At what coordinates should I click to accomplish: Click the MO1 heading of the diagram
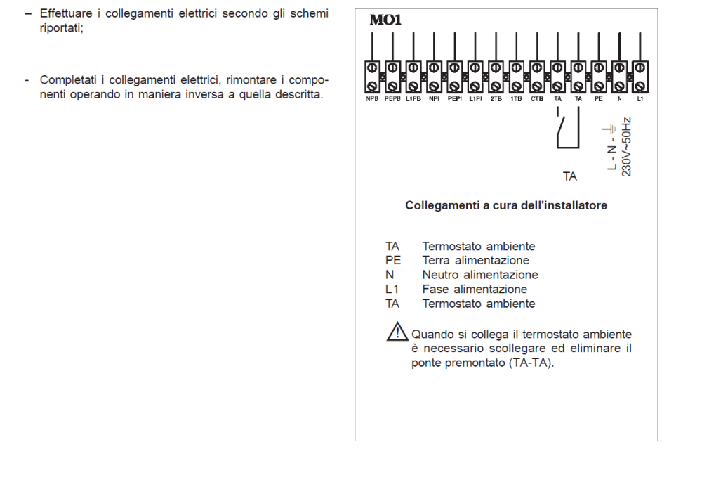(385, 20)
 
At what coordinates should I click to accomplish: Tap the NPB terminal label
(371, 100)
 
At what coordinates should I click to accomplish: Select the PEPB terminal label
(392, 100)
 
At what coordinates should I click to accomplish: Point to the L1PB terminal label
(413, 100)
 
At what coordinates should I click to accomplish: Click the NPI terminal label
(433, 100)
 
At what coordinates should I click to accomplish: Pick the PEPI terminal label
(453, 100)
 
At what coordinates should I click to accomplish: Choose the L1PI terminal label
(475, 100)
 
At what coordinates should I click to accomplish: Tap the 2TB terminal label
(495, 100)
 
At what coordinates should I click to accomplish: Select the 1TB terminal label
(516, 100)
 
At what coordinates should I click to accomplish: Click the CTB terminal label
(536, 100)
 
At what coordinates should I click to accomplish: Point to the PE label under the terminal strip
(598, 100)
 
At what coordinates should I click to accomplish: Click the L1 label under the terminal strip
(640, 100)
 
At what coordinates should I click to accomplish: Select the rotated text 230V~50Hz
(627, 147)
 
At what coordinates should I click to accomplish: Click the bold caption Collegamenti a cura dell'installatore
(506, 206)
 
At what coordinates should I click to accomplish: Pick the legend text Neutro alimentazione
(479, 275)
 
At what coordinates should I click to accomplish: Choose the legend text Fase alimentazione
(474, 289)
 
